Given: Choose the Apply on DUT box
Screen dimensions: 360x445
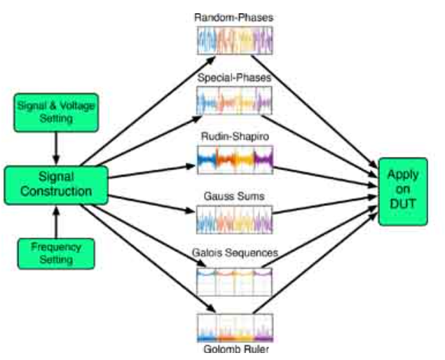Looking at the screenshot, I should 403,191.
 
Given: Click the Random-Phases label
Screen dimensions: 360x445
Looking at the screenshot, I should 233,16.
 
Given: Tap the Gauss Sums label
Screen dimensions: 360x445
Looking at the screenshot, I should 234,196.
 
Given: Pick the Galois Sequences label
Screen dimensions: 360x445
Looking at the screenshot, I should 233,252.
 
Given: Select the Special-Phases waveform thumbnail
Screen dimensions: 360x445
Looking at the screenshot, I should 233,102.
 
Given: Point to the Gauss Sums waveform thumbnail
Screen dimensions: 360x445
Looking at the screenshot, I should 233,221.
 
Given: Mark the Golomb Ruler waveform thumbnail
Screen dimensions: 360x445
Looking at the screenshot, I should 233,326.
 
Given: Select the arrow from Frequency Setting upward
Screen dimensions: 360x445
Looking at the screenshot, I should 55,220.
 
